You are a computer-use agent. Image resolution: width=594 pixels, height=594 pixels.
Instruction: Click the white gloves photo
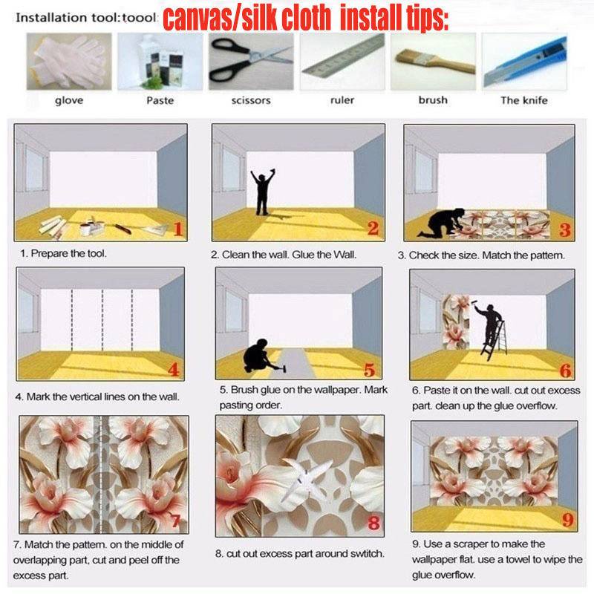69,62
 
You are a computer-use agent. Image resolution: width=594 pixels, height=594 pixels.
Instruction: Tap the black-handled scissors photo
251,62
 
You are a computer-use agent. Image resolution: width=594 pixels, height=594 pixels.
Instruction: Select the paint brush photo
433,62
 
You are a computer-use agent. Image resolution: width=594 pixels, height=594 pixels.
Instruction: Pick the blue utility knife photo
524,62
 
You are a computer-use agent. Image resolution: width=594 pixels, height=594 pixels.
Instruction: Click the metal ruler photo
342,62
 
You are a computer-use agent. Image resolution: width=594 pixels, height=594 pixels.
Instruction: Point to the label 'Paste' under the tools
160,100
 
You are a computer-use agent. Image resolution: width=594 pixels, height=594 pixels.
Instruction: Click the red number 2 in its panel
373,228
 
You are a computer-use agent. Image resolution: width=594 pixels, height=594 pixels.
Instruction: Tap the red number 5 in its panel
369,370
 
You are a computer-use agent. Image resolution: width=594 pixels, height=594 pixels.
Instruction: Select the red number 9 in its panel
567,520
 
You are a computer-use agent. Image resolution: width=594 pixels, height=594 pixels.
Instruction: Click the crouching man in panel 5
257,356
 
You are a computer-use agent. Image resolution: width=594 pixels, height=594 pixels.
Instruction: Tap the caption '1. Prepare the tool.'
63,253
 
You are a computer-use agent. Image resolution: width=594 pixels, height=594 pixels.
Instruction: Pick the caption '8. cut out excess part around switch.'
300,553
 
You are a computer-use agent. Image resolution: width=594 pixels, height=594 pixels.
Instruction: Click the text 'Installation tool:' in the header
68,18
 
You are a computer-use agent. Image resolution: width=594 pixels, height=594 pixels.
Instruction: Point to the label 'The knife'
524,100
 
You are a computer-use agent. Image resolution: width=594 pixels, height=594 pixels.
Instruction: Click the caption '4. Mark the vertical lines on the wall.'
97,396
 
